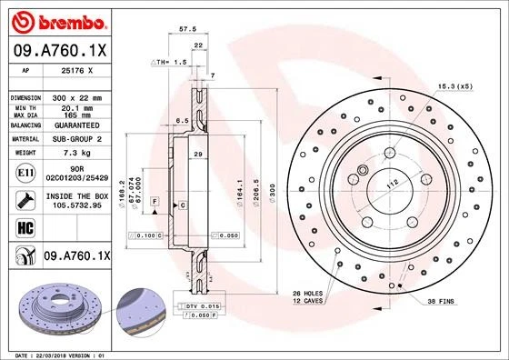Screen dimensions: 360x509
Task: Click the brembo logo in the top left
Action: pyautogui.click(x=60, y=21)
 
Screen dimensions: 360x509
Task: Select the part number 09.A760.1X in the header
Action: pyautogui.click(x=60, y=52)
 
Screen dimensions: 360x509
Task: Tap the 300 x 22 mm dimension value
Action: pyautogui.click(x=76, y=96)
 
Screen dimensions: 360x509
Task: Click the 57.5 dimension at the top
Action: pyautogui.click(x=188, y=29)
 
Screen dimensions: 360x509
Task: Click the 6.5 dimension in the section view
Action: pyautogui.click(x=182, y=120)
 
